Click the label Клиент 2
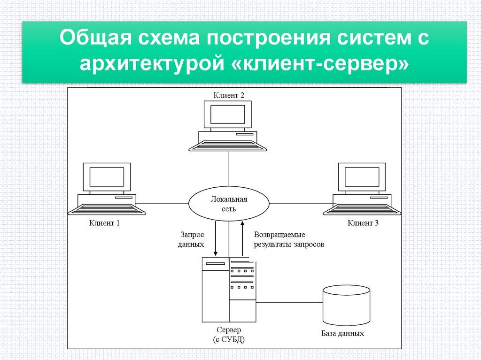tap(229, 95)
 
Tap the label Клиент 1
tap(104, 223)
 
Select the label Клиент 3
tap(363, 223)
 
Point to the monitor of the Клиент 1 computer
tap(107, 177)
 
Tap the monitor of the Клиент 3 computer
tap(362, 177)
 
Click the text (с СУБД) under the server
tap(229, 339)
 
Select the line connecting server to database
tap(289, 302)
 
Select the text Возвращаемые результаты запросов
tap(288, 239)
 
